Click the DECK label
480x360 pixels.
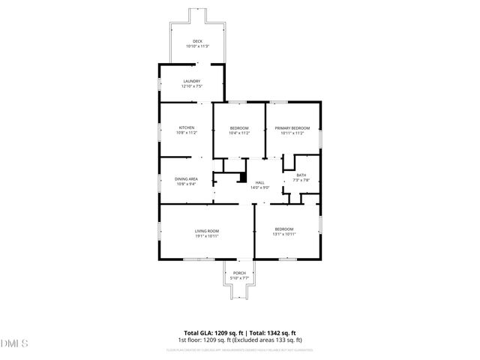pos(197,41)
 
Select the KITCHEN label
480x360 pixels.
pos(187,128)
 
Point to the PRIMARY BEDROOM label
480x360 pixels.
pos(292,128)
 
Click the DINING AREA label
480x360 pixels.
pos(186,178)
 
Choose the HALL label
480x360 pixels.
pos(260,182)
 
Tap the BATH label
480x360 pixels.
pos(301,175)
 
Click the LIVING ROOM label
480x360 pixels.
pos(206,231)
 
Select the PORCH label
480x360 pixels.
pos(239,273)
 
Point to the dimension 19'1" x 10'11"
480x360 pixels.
pos(206,236)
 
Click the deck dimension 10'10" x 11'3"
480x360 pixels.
pos(197,46)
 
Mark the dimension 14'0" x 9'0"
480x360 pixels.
pos(260,187)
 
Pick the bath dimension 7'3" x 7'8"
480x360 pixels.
pos(301,181)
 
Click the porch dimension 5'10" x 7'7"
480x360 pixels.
pos(239,278)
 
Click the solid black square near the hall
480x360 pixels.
pos(242,178)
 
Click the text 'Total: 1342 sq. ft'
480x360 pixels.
pos(272,332)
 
